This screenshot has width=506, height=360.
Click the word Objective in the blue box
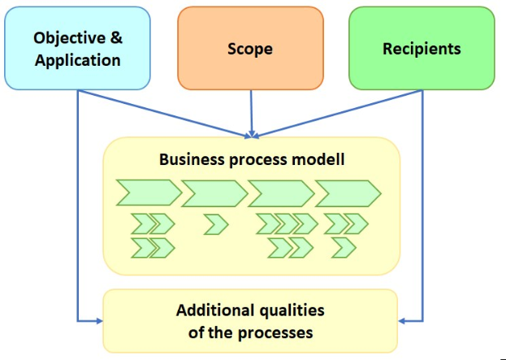tap(69, 37)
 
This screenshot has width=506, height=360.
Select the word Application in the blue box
tap(78, 60)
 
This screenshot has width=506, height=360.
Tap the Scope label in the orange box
tap(250, 49)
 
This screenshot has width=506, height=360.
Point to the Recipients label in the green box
tap(422, 49)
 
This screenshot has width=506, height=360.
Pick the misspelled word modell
tap(321, 159)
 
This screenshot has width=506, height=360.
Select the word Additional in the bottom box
tap(213, 310)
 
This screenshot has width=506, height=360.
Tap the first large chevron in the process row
tap(148, 193)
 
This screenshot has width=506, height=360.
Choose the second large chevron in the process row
tap(214, 193)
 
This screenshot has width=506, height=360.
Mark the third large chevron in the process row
tap(280, 193)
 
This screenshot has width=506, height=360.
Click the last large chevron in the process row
tap(347, 193)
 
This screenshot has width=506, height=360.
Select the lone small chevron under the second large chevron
tap(215, 223)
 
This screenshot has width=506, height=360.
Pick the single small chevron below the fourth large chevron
tap(344, 247)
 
